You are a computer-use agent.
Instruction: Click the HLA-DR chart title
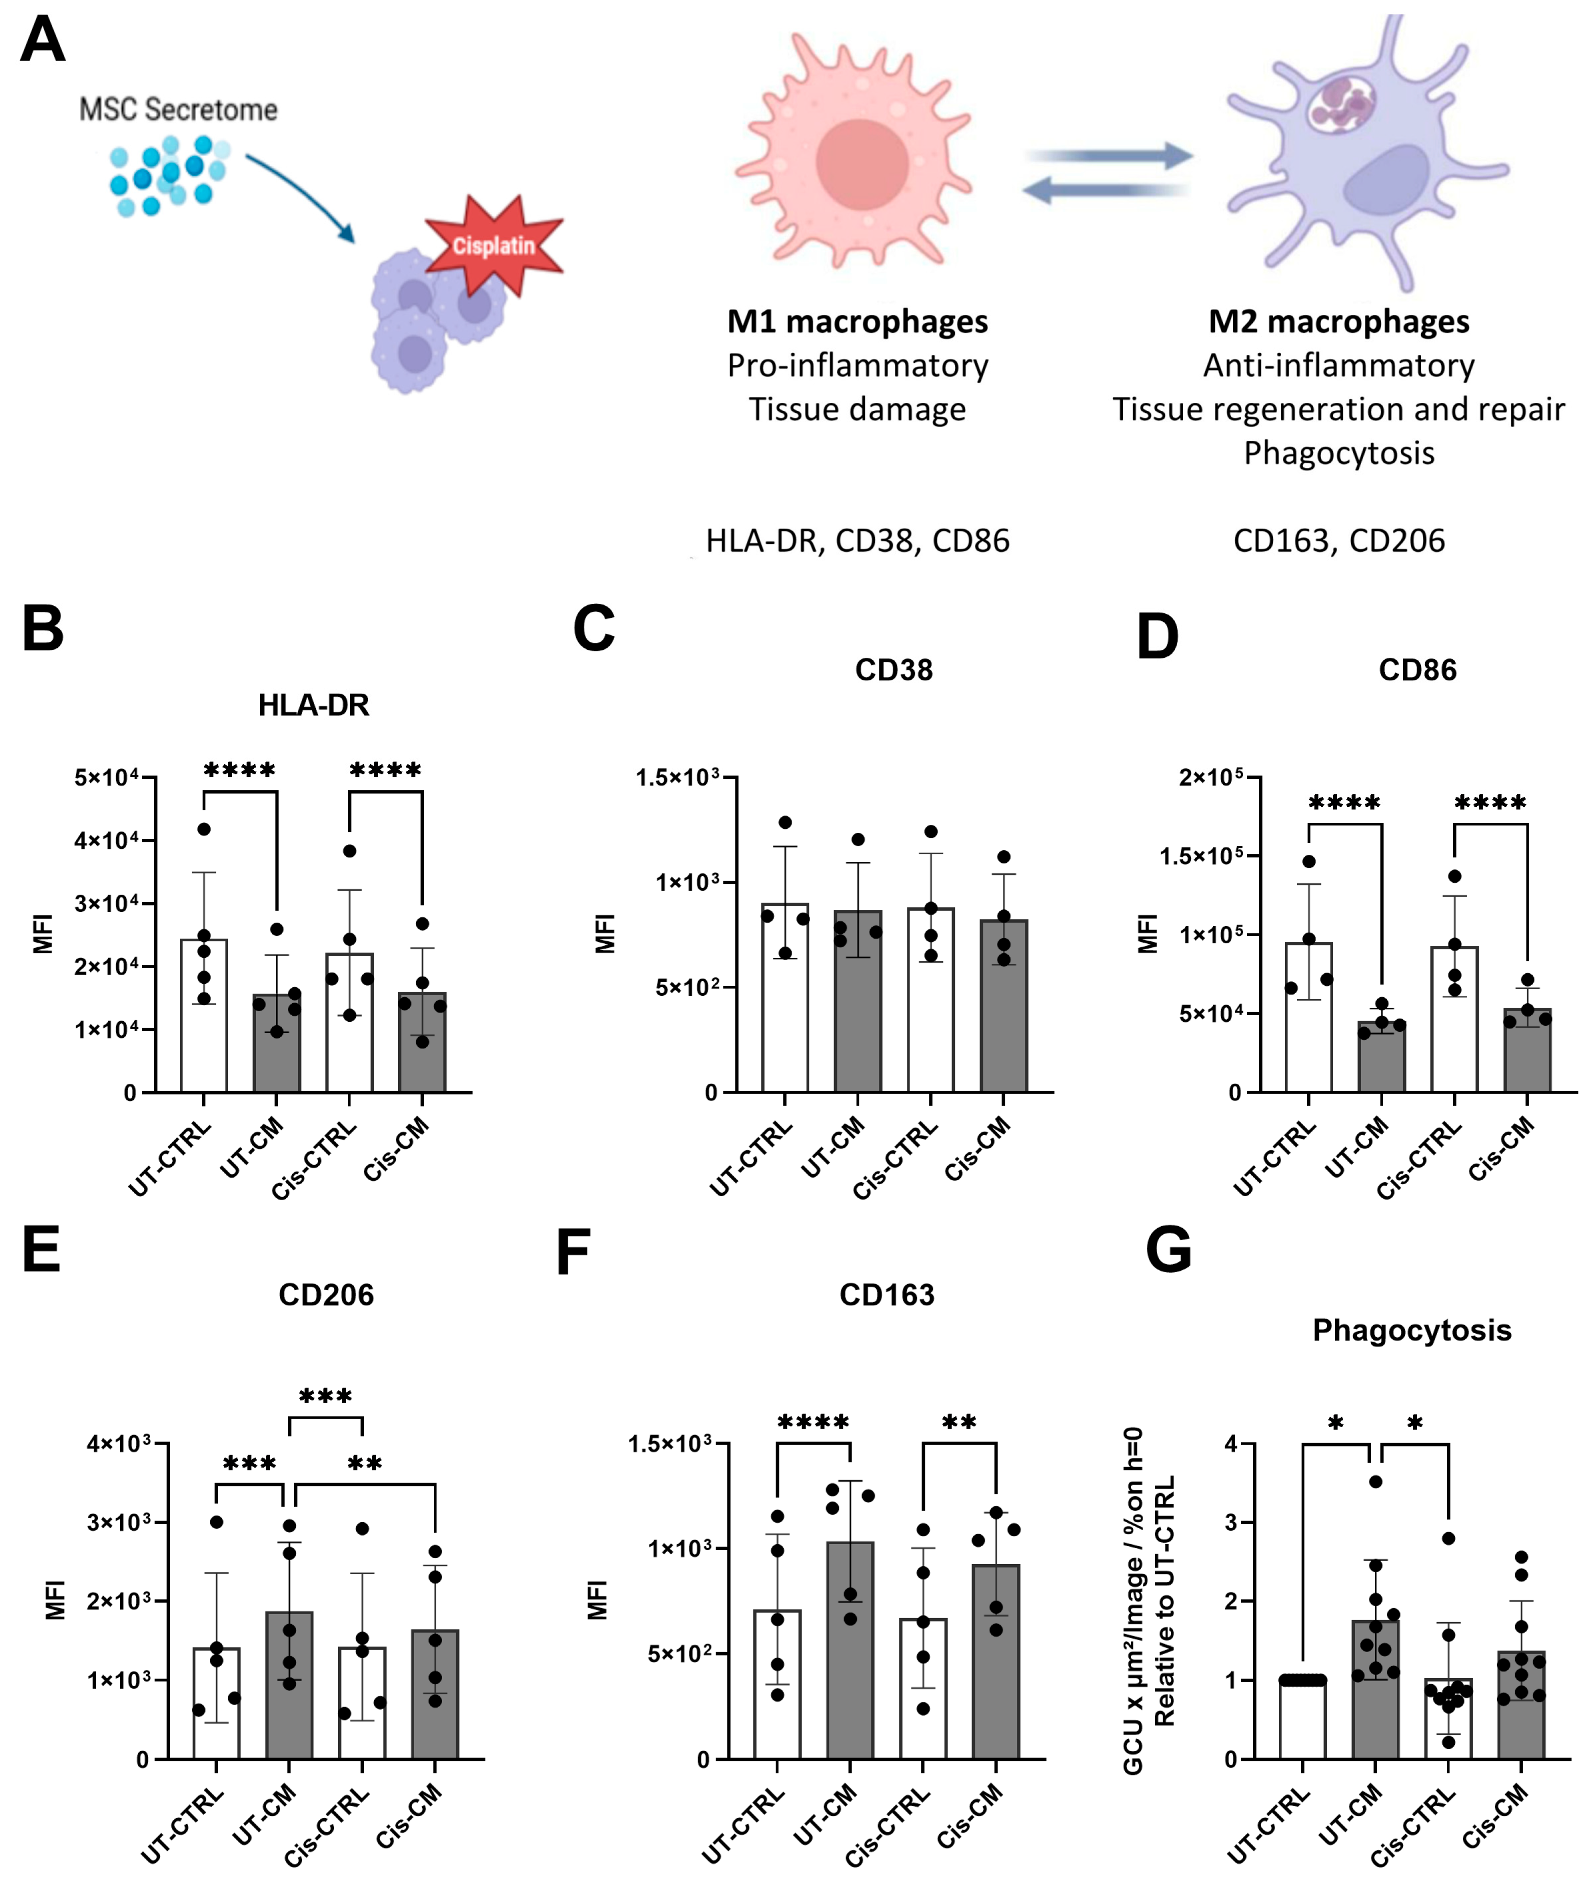click(313, 705)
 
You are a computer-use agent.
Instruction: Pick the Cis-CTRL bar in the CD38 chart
click(930, 1000)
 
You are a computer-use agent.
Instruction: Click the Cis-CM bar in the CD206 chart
click(435, 1694)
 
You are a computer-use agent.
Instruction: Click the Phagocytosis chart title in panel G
click(1411, 1330)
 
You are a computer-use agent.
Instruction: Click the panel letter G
click(1168, 1251)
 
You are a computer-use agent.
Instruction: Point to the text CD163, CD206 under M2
click(1338, 541)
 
